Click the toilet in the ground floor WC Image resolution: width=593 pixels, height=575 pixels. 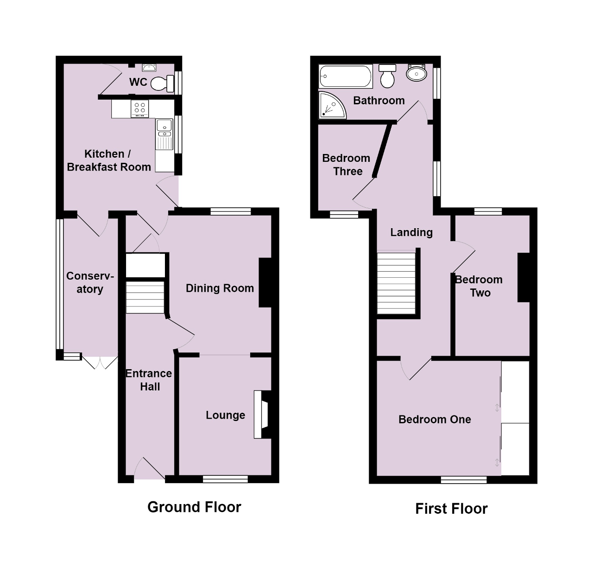pyautogui.click(x=162, y=83)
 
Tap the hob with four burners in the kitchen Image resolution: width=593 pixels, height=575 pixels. pyautogui.click(x=140, y=109)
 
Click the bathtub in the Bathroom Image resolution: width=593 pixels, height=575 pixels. pyautogui.click(x=346, y=76)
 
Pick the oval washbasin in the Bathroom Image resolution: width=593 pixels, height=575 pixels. pyautogui.click(x=416, y=73)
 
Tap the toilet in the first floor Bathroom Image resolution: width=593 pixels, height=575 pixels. pyautogui.click(x=387, y=76)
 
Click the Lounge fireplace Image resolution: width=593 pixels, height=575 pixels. pyautogui.click(x=263, y=415)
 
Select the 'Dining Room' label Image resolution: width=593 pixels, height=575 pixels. pyautogui.click(x=220, y=288)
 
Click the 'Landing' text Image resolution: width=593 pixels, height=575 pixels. pyautogui.click(x=411, y=232)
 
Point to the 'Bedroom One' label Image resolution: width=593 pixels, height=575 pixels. pyautogui.click(x=435, y=420)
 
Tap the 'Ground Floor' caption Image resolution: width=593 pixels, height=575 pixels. pyautogui.click(x=194, y=507)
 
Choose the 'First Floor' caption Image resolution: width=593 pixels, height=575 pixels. pyautogui.click(x=451, y=509)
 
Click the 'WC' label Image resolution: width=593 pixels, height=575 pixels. pyautogui.click(x=138, y=82)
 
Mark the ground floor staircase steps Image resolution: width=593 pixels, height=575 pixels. pyautogui.click(x=145, y=297)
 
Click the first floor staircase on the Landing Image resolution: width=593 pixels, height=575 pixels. pyautogui.click(x=396, y=282)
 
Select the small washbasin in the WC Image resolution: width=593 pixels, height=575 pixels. pyautogui.click(x=149, y=68)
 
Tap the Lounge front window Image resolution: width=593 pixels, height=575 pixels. pyautogui.click(x=225, y=479)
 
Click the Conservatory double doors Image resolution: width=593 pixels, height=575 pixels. pyautogui.click(x=100, y=362)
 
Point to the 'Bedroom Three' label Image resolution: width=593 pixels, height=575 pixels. pyautogui.click(x=347, y=165)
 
